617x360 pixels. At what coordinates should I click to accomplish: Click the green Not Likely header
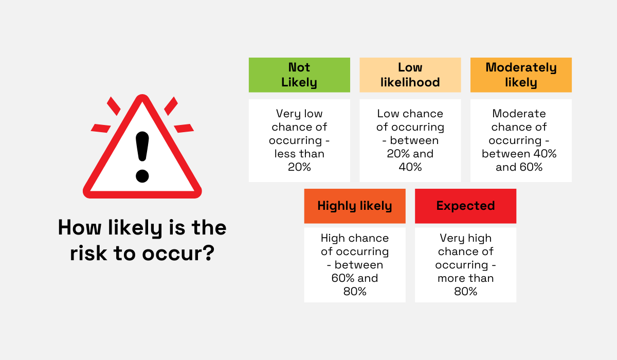pyautogui.click(x=299, y=75)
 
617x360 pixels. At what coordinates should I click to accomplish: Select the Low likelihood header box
pyautogui.click(x=410, y=75)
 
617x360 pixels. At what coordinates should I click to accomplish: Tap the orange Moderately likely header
pyautogui.click(x=521, y=75)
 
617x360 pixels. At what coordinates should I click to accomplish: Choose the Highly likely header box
pyautogui.click(x=355, y=206)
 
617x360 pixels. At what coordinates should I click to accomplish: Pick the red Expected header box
pyautogui.click(x=465, y=206)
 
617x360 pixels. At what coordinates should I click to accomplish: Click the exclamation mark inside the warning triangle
pyautogui.click(x=142, y=154)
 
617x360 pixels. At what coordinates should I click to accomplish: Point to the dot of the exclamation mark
pyautogui.click(x=142, y=176)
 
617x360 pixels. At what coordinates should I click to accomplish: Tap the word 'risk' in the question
pyautogui.click(x=88, y=254)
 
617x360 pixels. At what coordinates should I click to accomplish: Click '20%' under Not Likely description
pyautogui.click(x=299, y=167)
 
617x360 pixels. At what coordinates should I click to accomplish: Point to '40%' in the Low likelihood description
pyautogui.click(x=410, y=167)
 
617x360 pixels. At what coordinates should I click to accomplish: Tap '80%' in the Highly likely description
pyautogui.click(x=355, y=292)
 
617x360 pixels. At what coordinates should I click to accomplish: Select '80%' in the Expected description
pyautogui.click(x=465, y=292)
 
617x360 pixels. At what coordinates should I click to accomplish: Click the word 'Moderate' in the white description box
pyautogui.click(x=519, y=114)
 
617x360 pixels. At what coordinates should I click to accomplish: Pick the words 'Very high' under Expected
pyautogui.click(x=465, y=238)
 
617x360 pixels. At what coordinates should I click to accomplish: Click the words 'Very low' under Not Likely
pyautogui.click(x=299, y=114)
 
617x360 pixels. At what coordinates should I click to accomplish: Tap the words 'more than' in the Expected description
pyautogui.click(x=465, y=278)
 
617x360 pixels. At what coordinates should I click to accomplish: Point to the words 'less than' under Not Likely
pyautogui.click(x=299, y=154)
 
